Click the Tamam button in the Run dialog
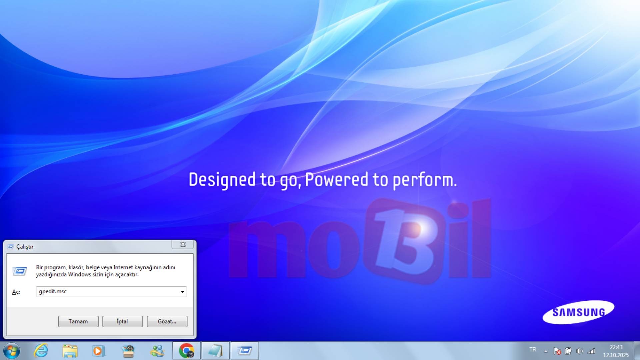click(x=78, y=321)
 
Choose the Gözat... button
click(x=167, y=321)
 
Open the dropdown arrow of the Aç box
click(x=182, y=292)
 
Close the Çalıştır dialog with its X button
click(x=183, y=244)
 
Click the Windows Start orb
click(x=12, y=351)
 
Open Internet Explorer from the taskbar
click(x=41, y=351)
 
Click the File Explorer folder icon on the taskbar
click(x=70, y=351)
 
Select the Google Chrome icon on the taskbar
click(x=186, y=351)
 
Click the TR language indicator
click(x=533, y=350)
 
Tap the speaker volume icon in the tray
click(x=580, y=351)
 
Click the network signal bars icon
click(x=591, y=351)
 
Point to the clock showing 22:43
click(x=616, y=347)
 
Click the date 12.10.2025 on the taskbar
click(x=616, y=355)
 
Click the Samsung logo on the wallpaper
click(x=578, y=312)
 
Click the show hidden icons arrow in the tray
click(x=546, y=351)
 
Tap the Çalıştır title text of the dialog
click(x=25, y=247)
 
